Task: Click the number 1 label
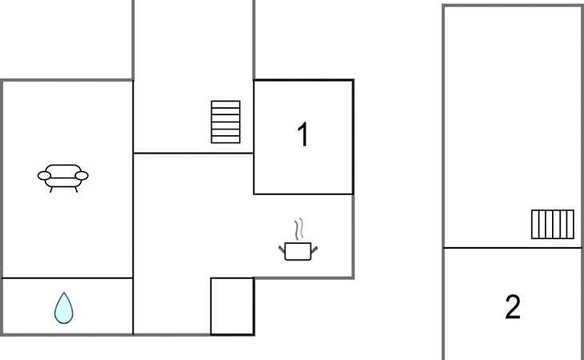[x=302, y=135]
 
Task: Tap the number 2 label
[x=513, y=306]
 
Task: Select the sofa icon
[x=62, y=176]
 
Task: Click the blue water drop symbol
[x=64, y=308]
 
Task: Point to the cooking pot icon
[x=298, y=251]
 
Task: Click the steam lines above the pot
[x=300, y=230]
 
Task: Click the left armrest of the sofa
[x=44, y=175]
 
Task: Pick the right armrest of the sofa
[x=82, y=175]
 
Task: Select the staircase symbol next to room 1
[x=226, y=122]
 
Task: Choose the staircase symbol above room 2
[x=553, y=224]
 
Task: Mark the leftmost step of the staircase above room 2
[x=535, y=224]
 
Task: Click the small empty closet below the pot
[x=232, y=306]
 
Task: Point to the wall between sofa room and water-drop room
[x=67, y=278]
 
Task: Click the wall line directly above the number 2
[x=513, y=248]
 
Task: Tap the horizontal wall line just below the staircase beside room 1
[x=193, y=153]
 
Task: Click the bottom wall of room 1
[x=303, y=194]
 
